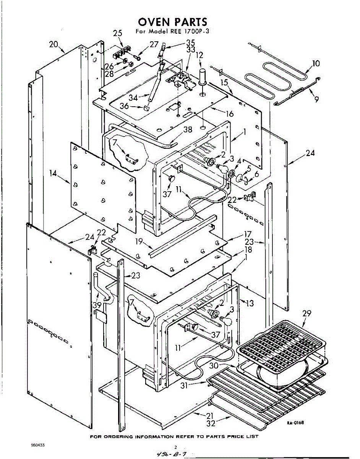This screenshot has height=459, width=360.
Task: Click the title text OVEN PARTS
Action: tap(173, 21)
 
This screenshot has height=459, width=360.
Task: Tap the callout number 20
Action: tap(54, 45)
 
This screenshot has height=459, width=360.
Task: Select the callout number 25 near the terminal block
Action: tap(118, 34)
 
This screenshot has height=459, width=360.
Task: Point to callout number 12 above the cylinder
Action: tap(199, 55)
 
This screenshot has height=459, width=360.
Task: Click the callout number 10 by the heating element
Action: tap(316, 63)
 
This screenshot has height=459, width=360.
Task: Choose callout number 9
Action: tap(316, 99)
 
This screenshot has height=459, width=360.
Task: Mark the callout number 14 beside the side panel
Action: tap(53, 173)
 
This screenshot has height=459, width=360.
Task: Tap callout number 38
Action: tap(188, 130)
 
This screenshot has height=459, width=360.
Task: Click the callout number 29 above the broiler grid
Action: tap(306, 313)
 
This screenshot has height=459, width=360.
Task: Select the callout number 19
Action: tap(139, 241)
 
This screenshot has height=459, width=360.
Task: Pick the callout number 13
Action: tap(250, 303)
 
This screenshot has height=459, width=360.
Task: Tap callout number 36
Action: tap(124, 106)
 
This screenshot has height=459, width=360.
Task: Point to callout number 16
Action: tap(230, 114)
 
